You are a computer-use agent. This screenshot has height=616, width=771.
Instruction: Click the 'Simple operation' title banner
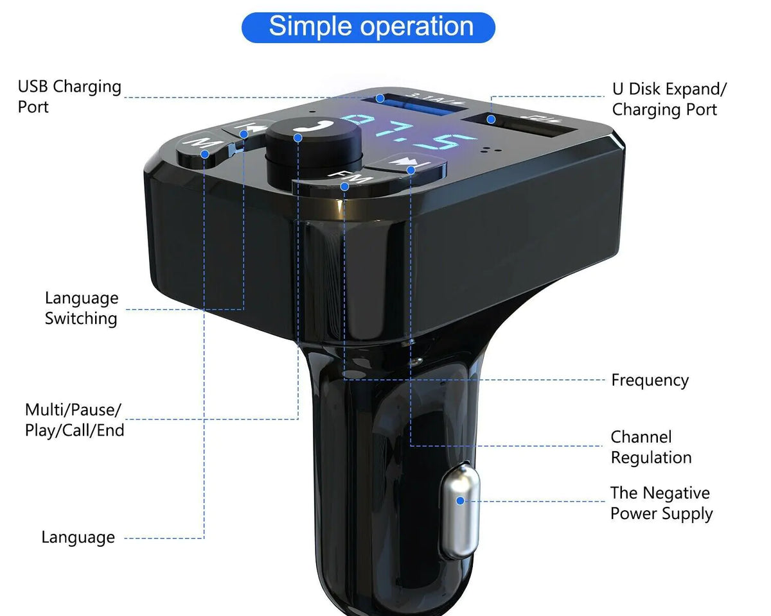[368, 27]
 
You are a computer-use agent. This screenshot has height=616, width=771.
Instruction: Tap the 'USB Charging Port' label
[69, 96]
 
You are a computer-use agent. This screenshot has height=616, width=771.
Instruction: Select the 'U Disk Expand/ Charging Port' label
[669, 99]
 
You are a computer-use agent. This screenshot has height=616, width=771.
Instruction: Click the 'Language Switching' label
[81, 308]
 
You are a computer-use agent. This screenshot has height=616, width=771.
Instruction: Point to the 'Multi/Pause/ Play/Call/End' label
[74, 420]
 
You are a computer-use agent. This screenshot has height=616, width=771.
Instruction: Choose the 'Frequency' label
[649, 380]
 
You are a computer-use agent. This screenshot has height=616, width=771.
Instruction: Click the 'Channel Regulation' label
[650, 447]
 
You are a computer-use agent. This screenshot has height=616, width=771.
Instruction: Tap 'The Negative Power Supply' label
[660, 503]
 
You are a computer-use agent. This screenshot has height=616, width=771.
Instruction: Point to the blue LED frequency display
[411, 133]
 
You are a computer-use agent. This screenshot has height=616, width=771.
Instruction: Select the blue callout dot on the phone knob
[298, 137]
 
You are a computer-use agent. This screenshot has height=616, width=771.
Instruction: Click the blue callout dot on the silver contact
[460, 502]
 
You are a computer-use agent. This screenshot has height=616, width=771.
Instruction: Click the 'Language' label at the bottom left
[78, 537]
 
